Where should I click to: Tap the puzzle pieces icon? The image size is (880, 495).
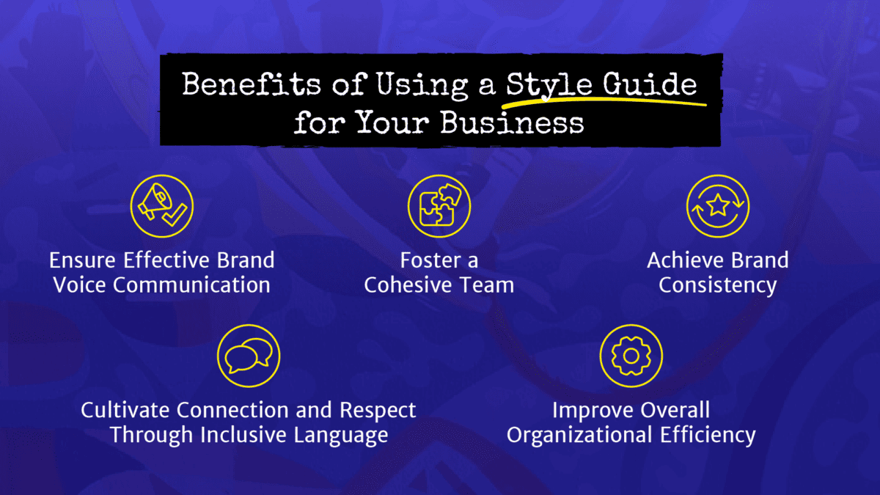(439, 206)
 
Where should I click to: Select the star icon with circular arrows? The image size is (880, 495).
(718, 206)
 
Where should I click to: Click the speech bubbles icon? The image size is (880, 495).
(249, 354)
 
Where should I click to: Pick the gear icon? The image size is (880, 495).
(631, 356)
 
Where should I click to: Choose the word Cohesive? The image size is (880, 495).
(409, 285)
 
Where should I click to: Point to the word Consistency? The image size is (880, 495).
(717, 285)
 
